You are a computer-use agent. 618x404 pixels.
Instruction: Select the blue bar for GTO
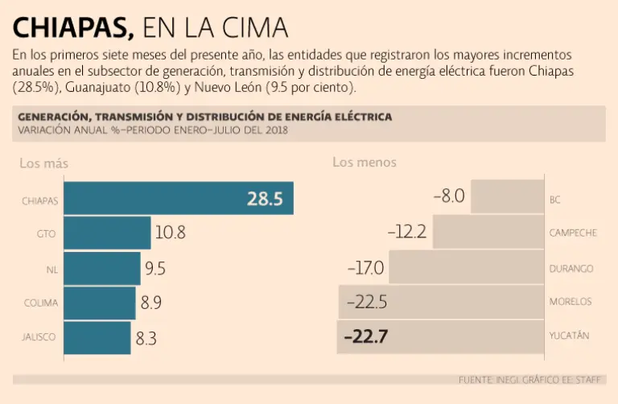pos(107,233)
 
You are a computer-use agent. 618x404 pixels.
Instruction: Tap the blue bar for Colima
pos(100,303)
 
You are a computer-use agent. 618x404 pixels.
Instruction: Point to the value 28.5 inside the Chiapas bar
pos(265,199)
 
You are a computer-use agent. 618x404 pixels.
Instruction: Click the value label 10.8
pos(170,233)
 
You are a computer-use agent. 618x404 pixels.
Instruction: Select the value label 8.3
pos(146,339)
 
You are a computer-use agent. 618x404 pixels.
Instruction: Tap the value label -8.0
pos(449,196)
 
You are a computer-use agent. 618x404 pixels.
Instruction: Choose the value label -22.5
pos(367,302)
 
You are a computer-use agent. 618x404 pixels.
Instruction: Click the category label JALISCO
pos(38,338)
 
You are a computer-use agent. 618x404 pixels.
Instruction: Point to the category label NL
pos(52,269)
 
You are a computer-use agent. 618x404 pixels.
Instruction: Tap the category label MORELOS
pos(571,302)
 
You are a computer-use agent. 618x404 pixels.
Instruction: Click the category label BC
pos(555,199)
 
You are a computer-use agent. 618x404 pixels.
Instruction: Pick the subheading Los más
pos(43,163)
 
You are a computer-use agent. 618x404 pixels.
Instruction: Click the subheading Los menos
pos(364,163)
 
